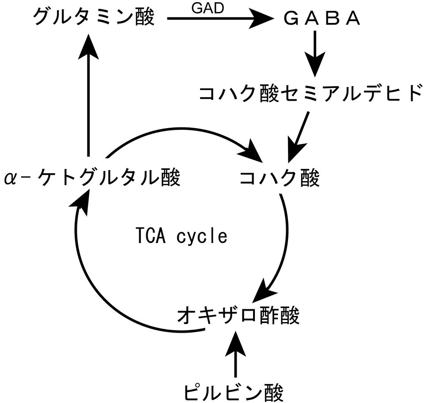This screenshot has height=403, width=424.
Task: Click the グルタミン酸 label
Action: coord(94,19)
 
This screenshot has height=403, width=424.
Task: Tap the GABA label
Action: coord(323,19)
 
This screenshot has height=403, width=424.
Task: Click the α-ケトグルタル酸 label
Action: coord(92,179)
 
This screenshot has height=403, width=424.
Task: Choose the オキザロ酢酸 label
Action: coord(238,316)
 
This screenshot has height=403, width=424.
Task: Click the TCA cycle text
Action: coord(181,236)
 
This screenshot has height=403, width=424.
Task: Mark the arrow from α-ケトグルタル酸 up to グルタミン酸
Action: coord(89,97)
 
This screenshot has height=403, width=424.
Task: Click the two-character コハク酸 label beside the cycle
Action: coord(279,179)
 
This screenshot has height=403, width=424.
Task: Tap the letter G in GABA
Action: coord(292,19)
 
